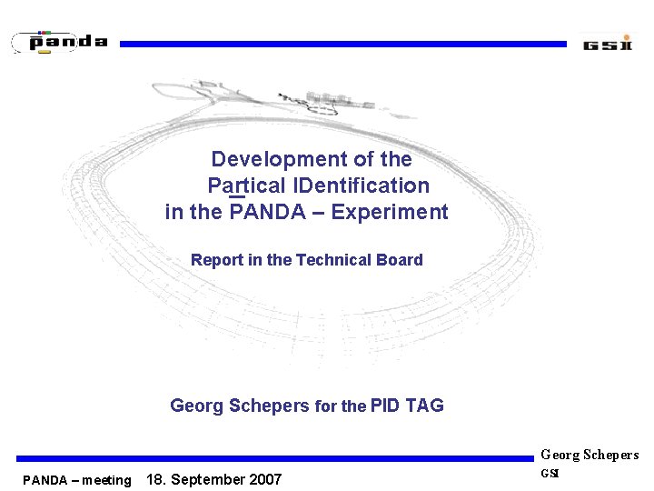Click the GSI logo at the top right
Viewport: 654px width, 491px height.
(607, 44)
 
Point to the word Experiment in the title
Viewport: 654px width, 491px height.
(390, 213)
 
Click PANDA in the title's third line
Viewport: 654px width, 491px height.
(264, 213)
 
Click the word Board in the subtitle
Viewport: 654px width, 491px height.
(400, 260)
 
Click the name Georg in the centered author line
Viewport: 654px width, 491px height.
(196, 406)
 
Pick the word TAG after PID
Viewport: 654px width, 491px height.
(424, 406)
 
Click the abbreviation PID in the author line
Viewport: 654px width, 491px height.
(385, 406)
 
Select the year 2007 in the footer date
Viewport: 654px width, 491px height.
(264, 479)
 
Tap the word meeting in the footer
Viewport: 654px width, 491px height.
(106, 480)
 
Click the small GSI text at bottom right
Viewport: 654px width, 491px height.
(550, 473)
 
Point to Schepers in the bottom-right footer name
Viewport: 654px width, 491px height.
(610, 455)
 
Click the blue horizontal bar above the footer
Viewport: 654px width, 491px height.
(272, 459)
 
